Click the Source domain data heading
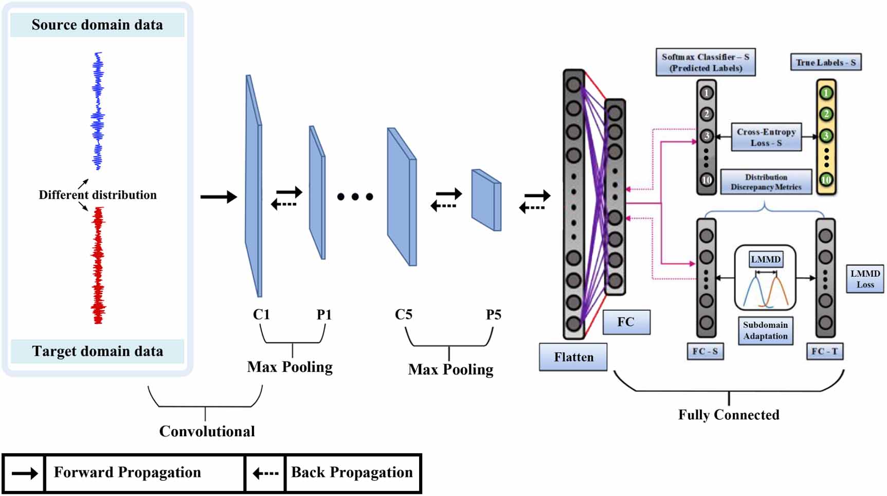coord(97,25)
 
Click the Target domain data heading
coord(97,351)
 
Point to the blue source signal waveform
coord(98,111)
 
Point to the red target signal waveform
coord(98,265)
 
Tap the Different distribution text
coord(98,195)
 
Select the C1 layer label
coord(261,314)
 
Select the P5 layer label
coord(493,314)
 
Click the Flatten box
coord(573,357)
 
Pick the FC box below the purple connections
coord(626,322)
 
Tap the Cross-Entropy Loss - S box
coord(766,137)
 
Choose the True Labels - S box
coord(825,63)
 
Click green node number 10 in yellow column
coord(826,180)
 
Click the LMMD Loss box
coord(865,279)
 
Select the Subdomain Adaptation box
coord(765,330)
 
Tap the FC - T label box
coord(824,351)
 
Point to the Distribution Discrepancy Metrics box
coord(766,182)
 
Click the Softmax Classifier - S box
coord(705,62)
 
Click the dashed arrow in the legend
coord(265,473)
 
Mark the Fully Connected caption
coord(728,415)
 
